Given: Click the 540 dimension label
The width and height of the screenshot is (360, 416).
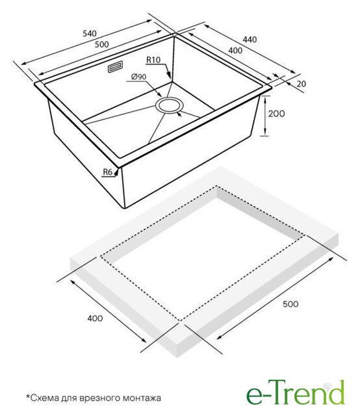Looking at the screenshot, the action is (90, 33).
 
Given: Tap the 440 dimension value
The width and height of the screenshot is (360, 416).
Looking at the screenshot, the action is (250, 40).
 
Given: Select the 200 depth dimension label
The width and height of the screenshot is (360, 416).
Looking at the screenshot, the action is (276, 114).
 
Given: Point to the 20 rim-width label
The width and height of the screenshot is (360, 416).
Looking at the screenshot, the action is (301, 84).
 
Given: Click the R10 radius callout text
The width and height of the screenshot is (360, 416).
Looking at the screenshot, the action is (153, 60).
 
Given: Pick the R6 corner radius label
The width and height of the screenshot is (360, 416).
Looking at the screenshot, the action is (107, 172).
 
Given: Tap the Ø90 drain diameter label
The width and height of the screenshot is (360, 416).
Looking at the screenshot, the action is (138, 77).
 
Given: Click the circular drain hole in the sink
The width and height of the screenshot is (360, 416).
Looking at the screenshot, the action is (169, 105).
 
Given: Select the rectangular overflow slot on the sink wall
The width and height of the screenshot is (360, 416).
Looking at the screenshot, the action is (115, 66).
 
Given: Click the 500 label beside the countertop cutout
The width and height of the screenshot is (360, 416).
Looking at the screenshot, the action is (290, 304).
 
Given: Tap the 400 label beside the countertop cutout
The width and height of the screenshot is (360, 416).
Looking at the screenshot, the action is (95, 318).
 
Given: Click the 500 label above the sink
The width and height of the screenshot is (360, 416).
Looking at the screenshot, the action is (101, 44).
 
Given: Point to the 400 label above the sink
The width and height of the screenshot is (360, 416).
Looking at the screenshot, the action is (235, 50).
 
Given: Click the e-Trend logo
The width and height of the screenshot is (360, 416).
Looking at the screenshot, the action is (296, 393).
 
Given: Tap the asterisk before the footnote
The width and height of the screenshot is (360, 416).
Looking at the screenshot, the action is (27, 396).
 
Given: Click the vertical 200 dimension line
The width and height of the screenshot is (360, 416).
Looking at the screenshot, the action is (265, 116).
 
